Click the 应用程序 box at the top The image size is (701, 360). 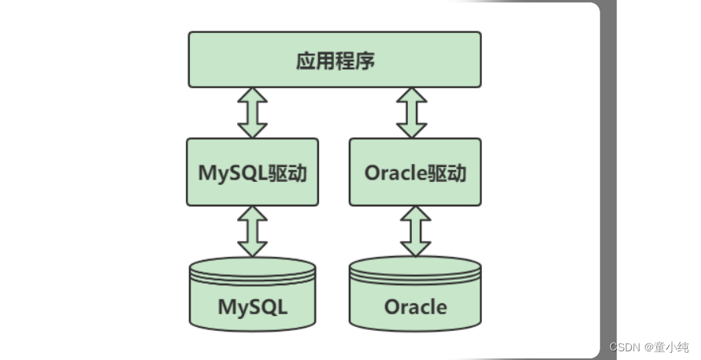tap(335, 59)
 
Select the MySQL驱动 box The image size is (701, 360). tap(252, 172)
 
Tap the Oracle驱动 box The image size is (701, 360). tap(415, 172)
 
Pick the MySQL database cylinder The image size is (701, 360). tap(252, 295)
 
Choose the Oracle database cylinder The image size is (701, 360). tap(415, 295)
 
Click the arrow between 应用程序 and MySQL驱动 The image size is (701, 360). tap(252, 113)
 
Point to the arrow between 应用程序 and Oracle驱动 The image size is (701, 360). tap(411, 113)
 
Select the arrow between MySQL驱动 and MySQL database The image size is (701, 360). tap(252, 231)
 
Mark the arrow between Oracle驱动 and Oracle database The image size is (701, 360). tap(415, 231)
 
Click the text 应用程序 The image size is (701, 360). tap(335, 61)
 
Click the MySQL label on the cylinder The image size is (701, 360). tap(252, 306)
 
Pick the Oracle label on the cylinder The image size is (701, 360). tap(415, 306)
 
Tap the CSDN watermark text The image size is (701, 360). tap(623, 347)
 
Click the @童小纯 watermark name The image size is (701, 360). tap(666, 347)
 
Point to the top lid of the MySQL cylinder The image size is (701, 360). tap(252, 266)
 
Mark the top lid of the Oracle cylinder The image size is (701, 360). tap(415, 266)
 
